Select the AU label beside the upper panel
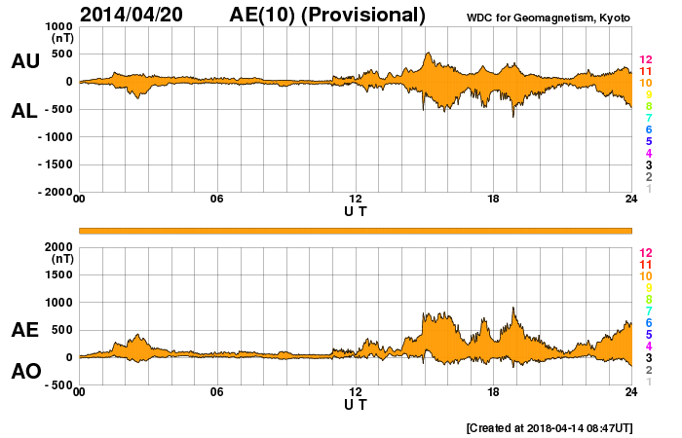coord(24,61)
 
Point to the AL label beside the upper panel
coord(24,111)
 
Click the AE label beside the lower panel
coord(24,331)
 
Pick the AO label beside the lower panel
coord(24,371)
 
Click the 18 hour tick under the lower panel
coord(493,392)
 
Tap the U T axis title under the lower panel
coord(356,404)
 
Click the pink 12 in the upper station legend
coord(645,60)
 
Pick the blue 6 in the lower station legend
coord(648,322)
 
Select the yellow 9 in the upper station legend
coord(648,95)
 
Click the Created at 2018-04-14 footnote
coord(549,427)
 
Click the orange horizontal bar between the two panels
coord(356,230)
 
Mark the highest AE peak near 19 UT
coord(513,309)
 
